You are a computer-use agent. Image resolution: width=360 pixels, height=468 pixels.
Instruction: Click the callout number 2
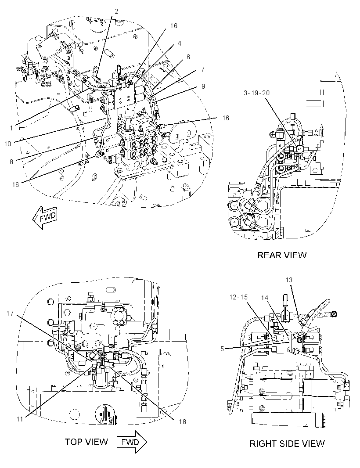(x=116, y=11)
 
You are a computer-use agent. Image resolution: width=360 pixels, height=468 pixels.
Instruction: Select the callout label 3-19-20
(x=256, y=93)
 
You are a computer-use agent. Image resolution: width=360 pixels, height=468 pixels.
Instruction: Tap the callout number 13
(x=289, y=280)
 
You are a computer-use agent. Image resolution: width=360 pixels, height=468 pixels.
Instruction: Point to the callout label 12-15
(x=238, y=297)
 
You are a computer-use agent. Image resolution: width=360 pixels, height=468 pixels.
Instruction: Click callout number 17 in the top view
(x=10, y=313)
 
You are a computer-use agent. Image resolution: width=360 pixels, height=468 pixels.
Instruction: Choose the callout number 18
(x=182, y=421)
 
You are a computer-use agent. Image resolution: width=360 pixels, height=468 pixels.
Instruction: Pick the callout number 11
(x=20, y=419)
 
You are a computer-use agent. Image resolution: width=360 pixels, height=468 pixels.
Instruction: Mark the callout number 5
(x=222, y=349)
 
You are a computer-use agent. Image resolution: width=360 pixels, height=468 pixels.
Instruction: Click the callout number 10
(x=7, y=144)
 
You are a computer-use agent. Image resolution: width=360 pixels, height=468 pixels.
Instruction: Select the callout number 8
(x=11, y=162)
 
